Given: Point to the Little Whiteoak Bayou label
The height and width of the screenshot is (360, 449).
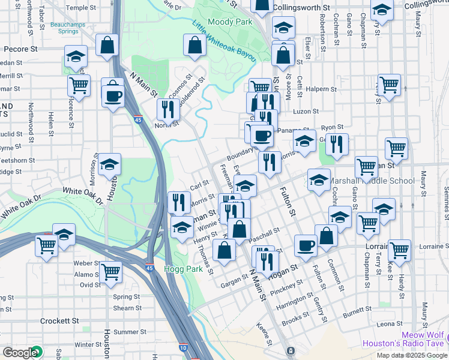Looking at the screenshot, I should click(224, 41).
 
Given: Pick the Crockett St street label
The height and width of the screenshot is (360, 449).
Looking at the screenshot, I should click(59, 321).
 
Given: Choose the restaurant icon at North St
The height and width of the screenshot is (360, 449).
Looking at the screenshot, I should click(168, 109).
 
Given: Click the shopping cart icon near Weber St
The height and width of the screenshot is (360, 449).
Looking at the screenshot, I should click(111, 271).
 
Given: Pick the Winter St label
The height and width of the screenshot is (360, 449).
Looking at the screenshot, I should click(88, 344).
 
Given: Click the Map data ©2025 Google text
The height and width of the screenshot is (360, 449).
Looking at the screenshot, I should click(411, 355).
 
